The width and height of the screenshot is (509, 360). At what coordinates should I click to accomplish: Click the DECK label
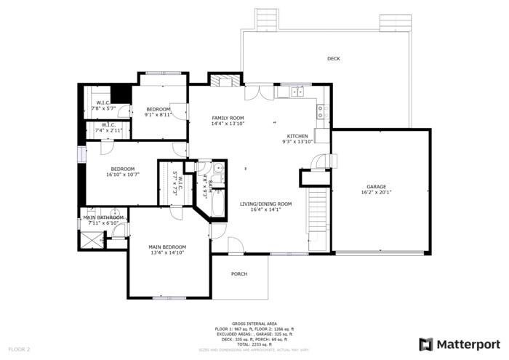[333, 59]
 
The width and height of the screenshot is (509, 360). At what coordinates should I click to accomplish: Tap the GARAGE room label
[376, 187]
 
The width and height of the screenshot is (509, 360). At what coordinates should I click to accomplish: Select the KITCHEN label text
[297, 136]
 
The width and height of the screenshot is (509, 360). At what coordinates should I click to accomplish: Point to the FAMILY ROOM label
[228, 118]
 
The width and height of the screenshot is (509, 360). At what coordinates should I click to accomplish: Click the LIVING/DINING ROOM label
[265, 204]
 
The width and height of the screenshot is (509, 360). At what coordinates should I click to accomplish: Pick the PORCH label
[239, 274]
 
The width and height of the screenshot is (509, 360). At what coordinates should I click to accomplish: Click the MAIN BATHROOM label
[103, 217]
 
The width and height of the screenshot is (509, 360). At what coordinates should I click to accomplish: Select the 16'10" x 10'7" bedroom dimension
[122, 175]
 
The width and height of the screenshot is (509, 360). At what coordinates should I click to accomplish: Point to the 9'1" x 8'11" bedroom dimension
[158, 115]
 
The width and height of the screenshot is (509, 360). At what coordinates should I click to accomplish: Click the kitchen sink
[297, 92]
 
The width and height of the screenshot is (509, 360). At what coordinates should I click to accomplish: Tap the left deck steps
[266, 17]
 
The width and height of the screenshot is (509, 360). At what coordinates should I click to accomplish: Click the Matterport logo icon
[426, 344]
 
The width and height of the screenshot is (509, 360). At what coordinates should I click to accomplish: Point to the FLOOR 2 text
[18, 350]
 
